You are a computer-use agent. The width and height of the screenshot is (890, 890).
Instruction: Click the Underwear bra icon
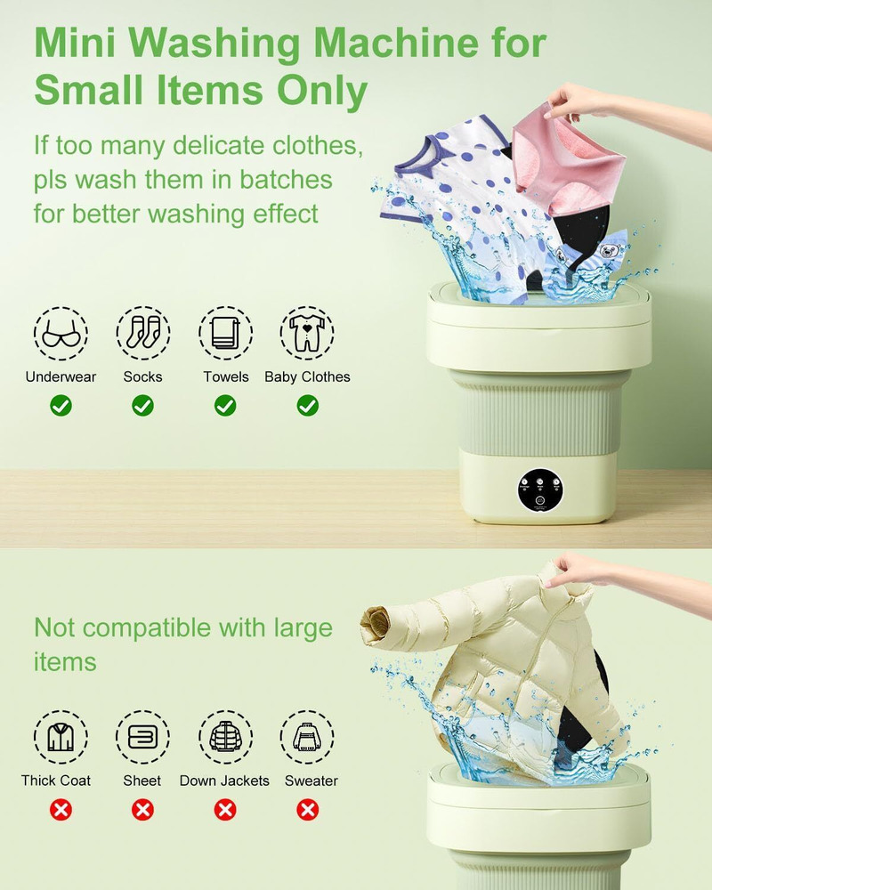tap(61, 334)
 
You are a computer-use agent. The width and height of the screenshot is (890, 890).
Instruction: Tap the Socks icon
tap(142, 334)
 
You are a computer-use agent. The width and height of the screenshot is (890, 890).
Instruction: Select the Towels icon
tap(225, 334)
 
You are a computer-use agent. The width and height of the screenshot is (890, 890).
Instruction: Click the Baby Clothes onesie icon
tap(307, 334)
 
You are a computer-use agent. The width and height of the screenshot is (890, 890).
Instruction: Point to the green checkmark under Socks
tap(142, 406)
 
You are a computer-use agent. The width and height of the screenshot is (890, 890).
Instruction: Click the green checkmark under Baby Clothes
tap(307, 406)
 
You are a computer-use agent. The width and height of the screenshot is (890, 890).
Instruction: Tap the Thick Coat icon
tap(61, 737)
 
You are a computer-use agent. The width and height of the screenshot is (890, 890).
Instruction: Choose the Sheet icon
tap(142, 737)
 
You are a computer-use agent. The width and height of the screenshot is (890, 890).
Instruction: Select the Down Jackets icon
tap(225, 737)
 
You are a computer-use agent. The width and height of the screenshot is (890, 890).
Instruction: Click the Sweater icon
tap(307, 737)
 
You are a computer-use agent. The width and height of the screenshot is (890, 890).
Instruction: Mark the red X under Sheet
tap(142, 809)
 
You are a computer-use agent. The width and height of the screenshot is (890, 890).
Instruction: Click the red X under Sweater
tap(307, 809)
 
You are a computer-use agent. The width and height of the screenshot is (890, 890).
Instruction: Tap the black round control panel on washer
tap(540, 489)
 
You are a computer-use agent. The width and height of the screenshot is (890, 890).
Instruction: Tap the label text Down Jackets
tap(224, 781)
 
